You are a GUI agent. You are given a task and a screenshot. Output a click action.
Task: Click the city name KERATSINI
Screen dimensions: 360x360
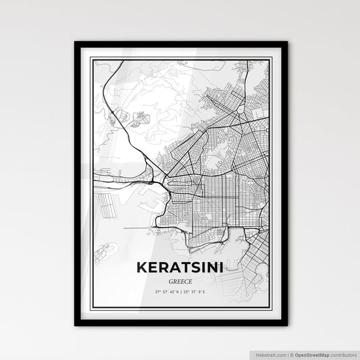(180, 267)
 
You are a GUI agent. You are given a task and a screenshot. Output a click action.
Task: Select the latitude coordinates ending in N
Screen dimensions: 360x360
(165, 292)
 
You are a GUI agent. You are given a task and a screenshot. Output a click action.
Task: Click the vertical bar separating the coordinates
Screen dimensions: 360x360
(180, 292)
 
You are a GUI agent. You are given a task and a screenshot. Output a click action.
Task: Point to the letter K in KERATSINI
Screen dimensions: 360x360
(141, 267)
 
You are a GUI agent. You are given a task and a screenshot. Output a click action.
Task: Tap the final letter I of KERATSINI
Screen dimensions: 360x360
(222, 267)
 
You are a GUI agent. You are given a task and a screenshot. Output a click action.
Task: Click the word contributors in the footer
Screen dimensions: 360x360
(344, 354)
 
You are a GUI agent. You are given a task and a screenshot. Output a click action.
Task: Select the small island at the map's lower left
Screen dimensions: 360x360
(105, 253)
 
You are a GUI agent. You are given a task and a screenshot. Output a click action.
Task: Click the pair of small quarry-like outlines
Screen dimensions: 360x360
(140, 119)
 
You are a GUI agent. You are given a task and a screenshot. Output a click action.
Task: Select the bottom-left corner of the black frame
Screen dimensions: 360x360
(76, 325)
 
